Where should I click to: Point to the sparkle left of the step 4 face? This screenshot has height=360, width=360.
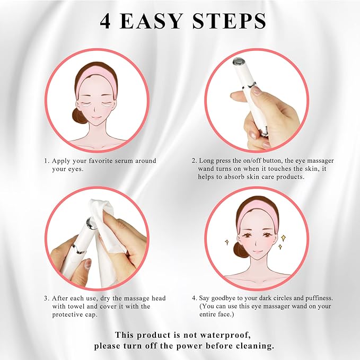pos(226,242)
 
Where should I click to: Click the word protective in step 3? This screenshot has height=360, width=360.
pos(67,314)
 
